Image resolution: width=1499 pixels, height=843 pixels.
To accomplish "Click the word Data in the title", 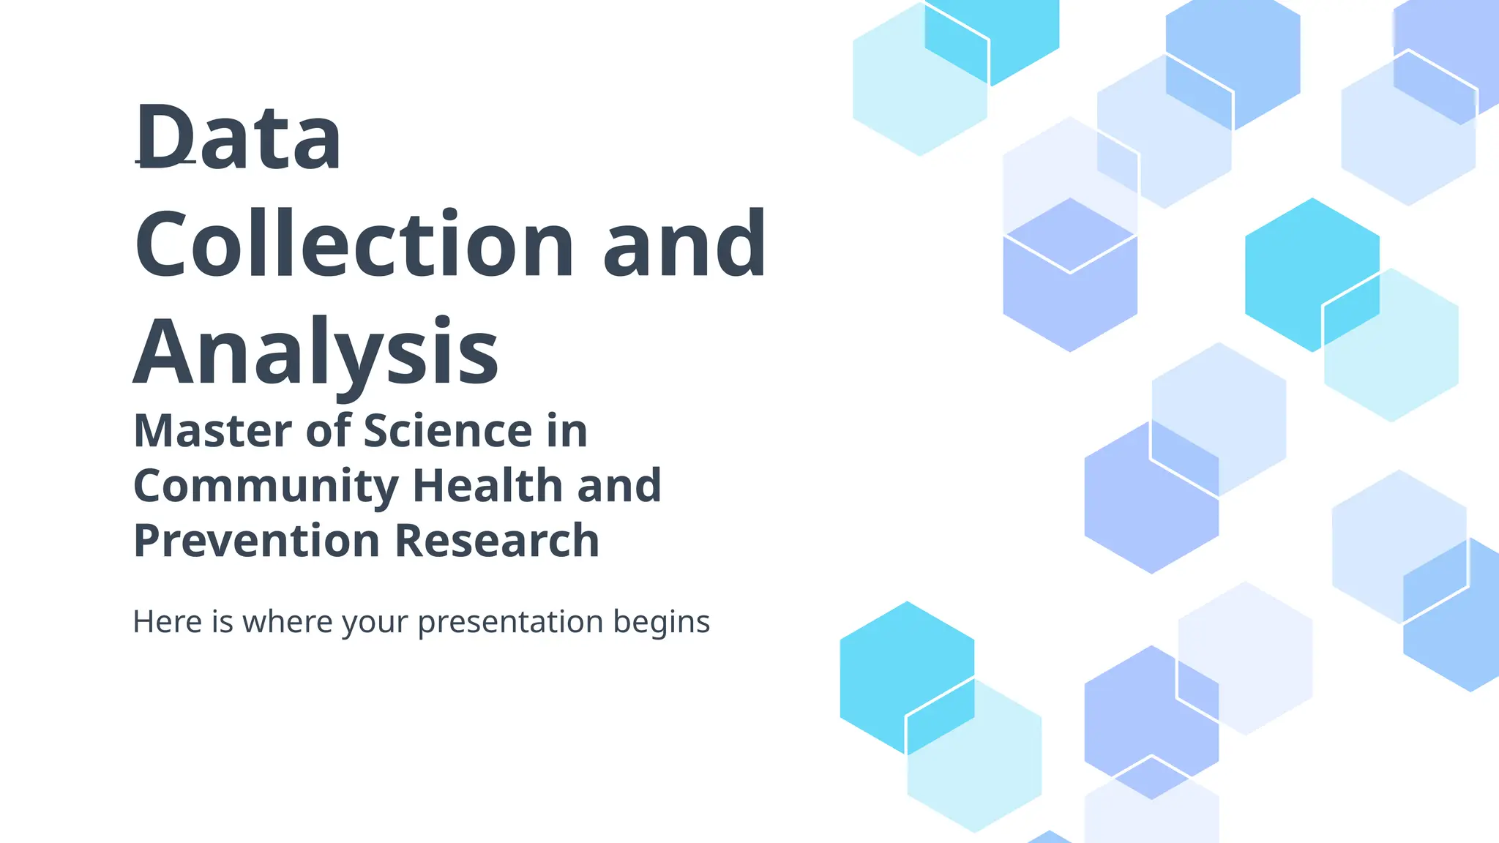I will click(x=239, y=138).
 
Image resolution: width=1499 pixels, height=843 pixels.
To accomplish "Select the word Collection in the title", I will click(x=355, y=244).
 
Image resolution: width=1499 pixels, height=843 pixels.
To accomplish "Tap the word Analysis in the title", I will click(x=316, y=352).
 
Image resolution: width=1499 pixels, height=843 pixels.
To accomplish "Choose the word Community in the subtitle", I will click(x=266, y=486).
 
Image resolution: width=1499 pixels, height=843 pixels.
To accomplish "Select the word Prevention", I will click(x=256, y=541).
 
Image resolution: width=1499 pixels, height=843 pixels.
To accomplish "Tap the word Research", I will click(x=497, y=541).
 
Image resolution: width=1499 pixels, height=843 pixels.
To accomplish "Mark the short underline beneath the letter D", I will click(x=165, y=161).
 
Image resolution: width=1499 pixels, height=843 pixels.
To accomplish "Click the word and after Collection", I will click(x=684, y=244).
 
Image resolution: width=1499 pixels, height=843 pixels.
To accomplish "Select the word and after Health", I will click(x=619, y=486).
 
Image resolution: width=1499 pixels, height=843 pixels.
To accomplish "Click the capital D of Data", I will click(x=164, y=138).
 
